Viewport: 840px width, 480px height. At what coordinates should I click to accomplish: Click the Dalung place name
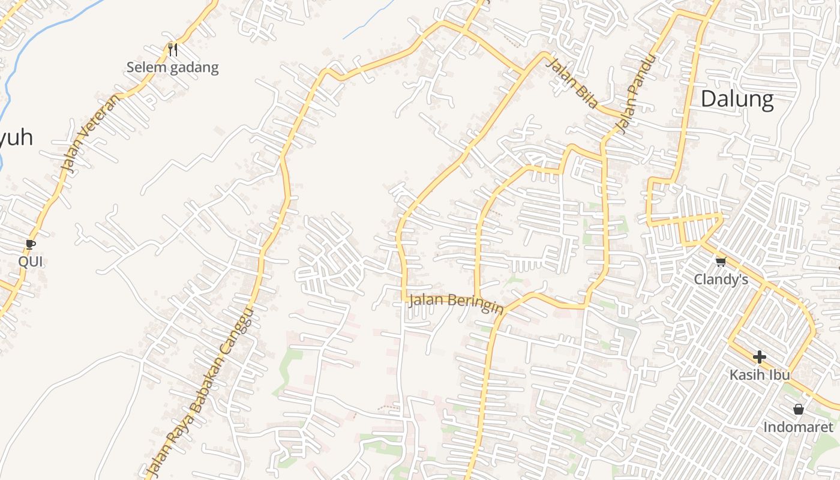tap(737, 99)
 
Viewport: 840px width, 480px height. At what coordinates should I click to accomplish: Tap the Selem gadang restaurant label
tap(172, 67)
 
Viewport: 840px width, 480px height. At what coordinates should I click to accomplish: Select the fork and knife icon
tap(173, 49)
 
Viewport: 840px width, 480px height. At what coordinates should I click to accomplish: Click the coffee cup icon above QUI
tap(31, 244)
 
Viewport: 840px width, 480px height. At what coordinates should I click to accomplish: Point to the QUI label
tap(31, 262)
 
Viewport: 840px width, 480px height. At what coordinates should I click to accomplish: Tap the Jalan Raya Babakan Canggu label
tap(202, 394)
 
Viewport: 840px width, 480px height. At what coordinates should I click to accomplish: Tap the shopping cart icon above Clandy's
tap(721, 262)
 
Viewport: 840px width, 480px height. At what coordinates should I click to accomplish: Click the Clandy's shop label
tap(721, 280)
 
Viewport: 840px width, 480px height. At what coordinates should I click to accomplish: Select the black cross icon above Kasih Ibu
tap(759, 358)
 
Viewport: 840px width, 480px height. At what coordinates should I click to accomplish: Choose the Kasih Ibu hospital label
tap(759, 375)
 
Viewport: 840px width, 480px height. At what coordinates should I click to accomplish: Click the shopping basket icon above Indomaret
tap(798, 409)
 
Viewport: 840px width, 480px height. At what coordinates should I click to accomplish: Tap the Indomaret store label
tap(798, 427)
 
